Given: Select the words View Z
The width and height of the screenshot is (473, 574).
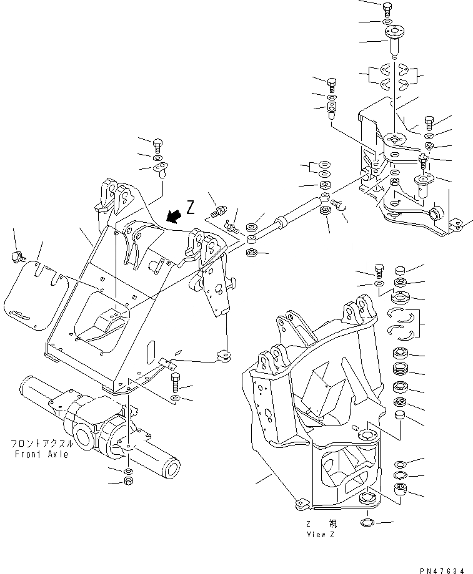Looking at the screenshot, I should (x=322, y=535).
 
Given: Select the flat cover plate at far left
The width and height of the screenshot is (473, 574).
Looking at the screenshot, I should (x=36, y=293).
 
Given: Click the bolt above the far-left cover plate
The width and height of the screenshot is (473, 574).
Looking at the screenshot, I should (x=17, y=255).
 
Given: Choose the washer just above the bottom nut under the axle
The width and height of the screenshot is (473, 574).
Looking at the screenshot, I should (x=127, y=470).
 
